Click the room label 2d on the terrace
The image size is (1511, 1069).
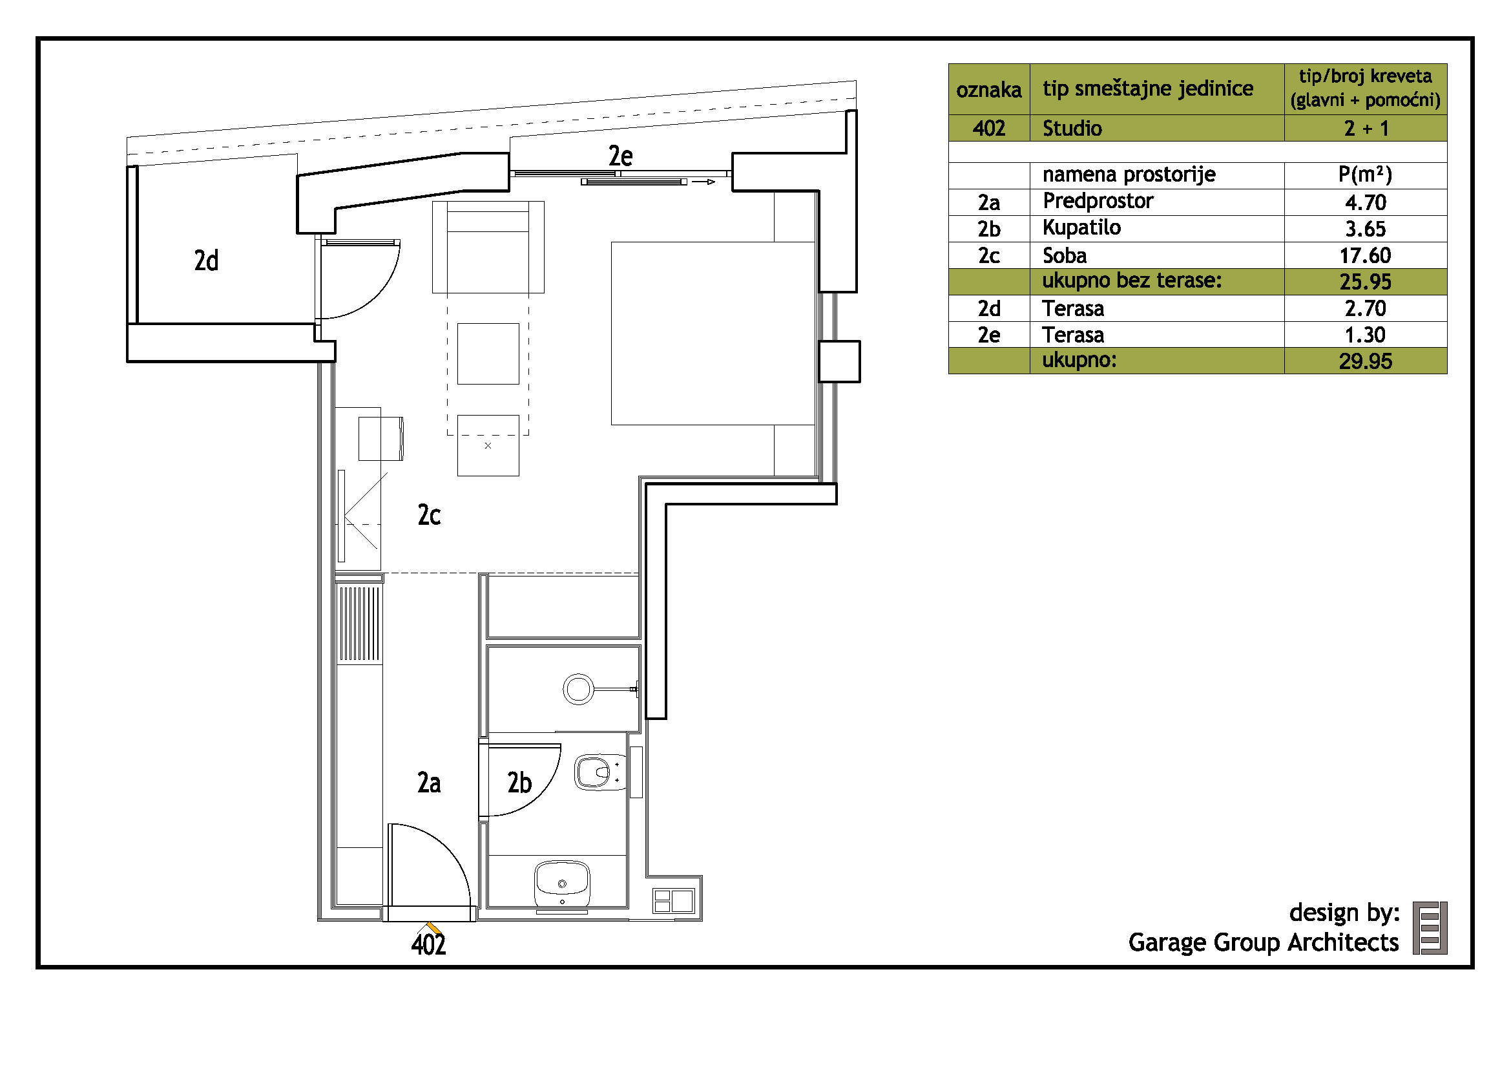coord(206,260)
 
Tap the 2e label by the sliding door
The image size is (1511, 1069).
coord(620,156)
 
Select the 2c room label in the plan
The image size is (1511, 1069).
coord(428,514)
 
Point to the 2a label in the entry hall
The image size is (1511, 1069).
coord(428,783)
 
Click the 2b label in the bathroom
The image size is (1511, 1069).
coord(519,783)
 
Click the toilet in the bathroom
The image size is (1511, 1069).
coord(601,772)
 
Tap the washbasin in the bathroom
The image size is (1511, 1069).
coord(562,884)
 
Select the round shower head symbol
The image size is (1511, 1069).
coord(578,690)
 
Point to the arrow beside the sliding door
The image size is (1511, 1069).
coord(703,182)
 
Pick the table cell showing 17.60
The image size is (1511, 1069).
coord(1365,255)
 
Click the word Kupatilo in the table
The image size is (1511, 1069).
coord(1081,228)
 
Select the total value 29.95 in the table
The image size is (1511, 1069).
coord(1365,361)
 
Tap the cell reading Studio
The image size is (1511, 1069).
coord(1072,129)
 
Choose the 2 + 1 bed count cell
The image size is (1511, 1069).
coord(1366,129)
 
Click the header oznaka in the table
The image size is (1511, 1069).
coord(988,90)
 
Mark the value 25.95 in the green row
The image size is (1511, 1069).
coord(1365,282)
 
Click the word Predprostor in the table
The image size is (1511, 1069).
coord(1098,201)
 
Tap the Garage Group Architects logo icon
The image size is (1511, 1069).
coord(1430,928)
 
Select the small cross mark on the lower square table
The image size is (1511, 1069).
coord(488,446)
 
